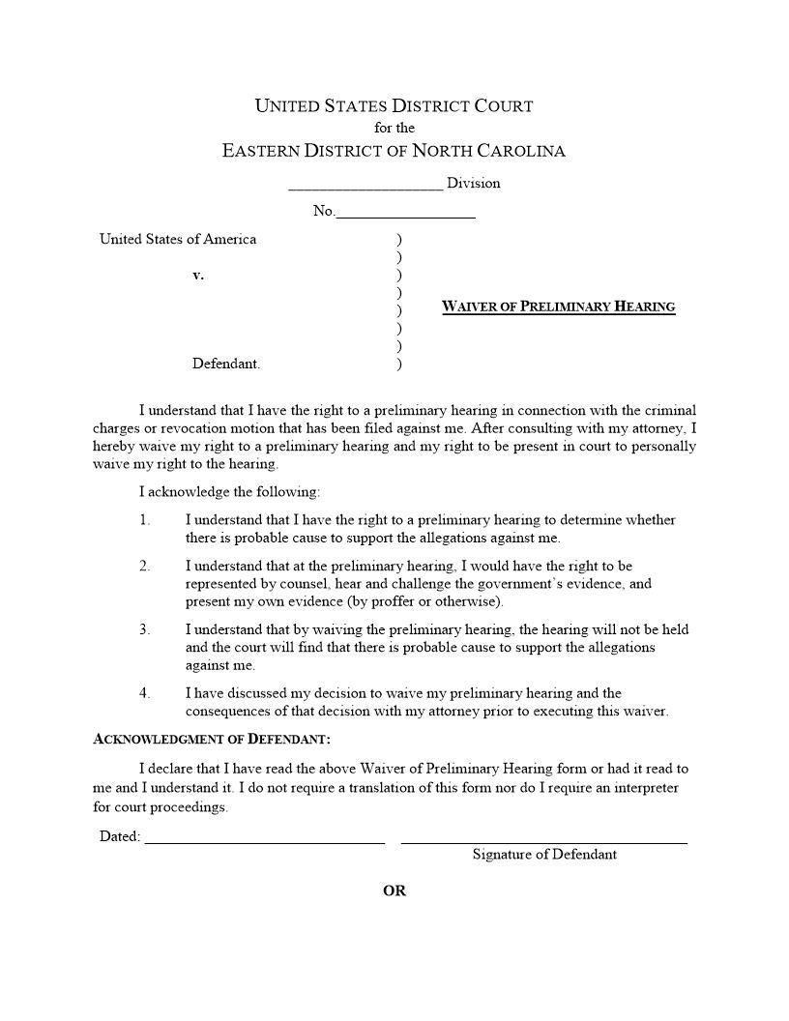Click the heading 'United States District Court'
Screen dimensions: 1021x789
coord(394,106)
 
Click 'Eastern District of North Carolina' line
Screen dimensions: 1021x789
coord(394,151)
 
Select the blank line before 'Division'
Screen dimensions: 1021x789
coord(365,186)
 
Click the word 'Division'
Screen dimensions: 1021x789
coord(474,183)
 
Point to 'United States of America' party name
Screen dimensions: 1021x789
coord(178,240)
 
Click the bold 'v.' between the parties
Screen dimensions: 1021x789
coord(198,276)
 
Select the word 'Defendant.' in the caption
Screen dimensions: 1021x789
coord(226,365)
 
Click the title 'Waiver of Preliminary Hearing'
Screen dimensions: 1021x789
coord(558,307)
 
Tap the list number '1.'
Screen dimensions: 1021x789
coord(145,520)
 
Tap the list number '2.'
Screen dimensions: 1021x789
coord(145,567)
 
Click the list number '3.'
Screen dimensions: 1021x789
coord(145,629)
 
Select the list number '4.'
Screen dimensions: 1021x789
coord(145,693)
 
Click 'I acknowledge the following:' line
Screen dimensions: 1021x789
coord(234,492)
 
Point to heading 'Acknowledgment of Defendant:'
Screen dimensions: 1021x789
coord(212,740)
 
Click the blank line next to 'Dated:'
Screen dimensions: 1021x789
coord(264,839)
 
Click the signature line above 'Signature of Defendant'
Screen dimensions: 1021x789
coord(543,839)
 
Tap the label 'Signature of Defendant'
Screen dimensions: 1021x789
coord(544,855)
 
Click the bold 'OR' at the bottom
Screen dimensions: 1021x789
coord(394,891)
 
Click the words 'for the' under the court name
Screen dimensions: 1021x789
coord(394,128)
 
